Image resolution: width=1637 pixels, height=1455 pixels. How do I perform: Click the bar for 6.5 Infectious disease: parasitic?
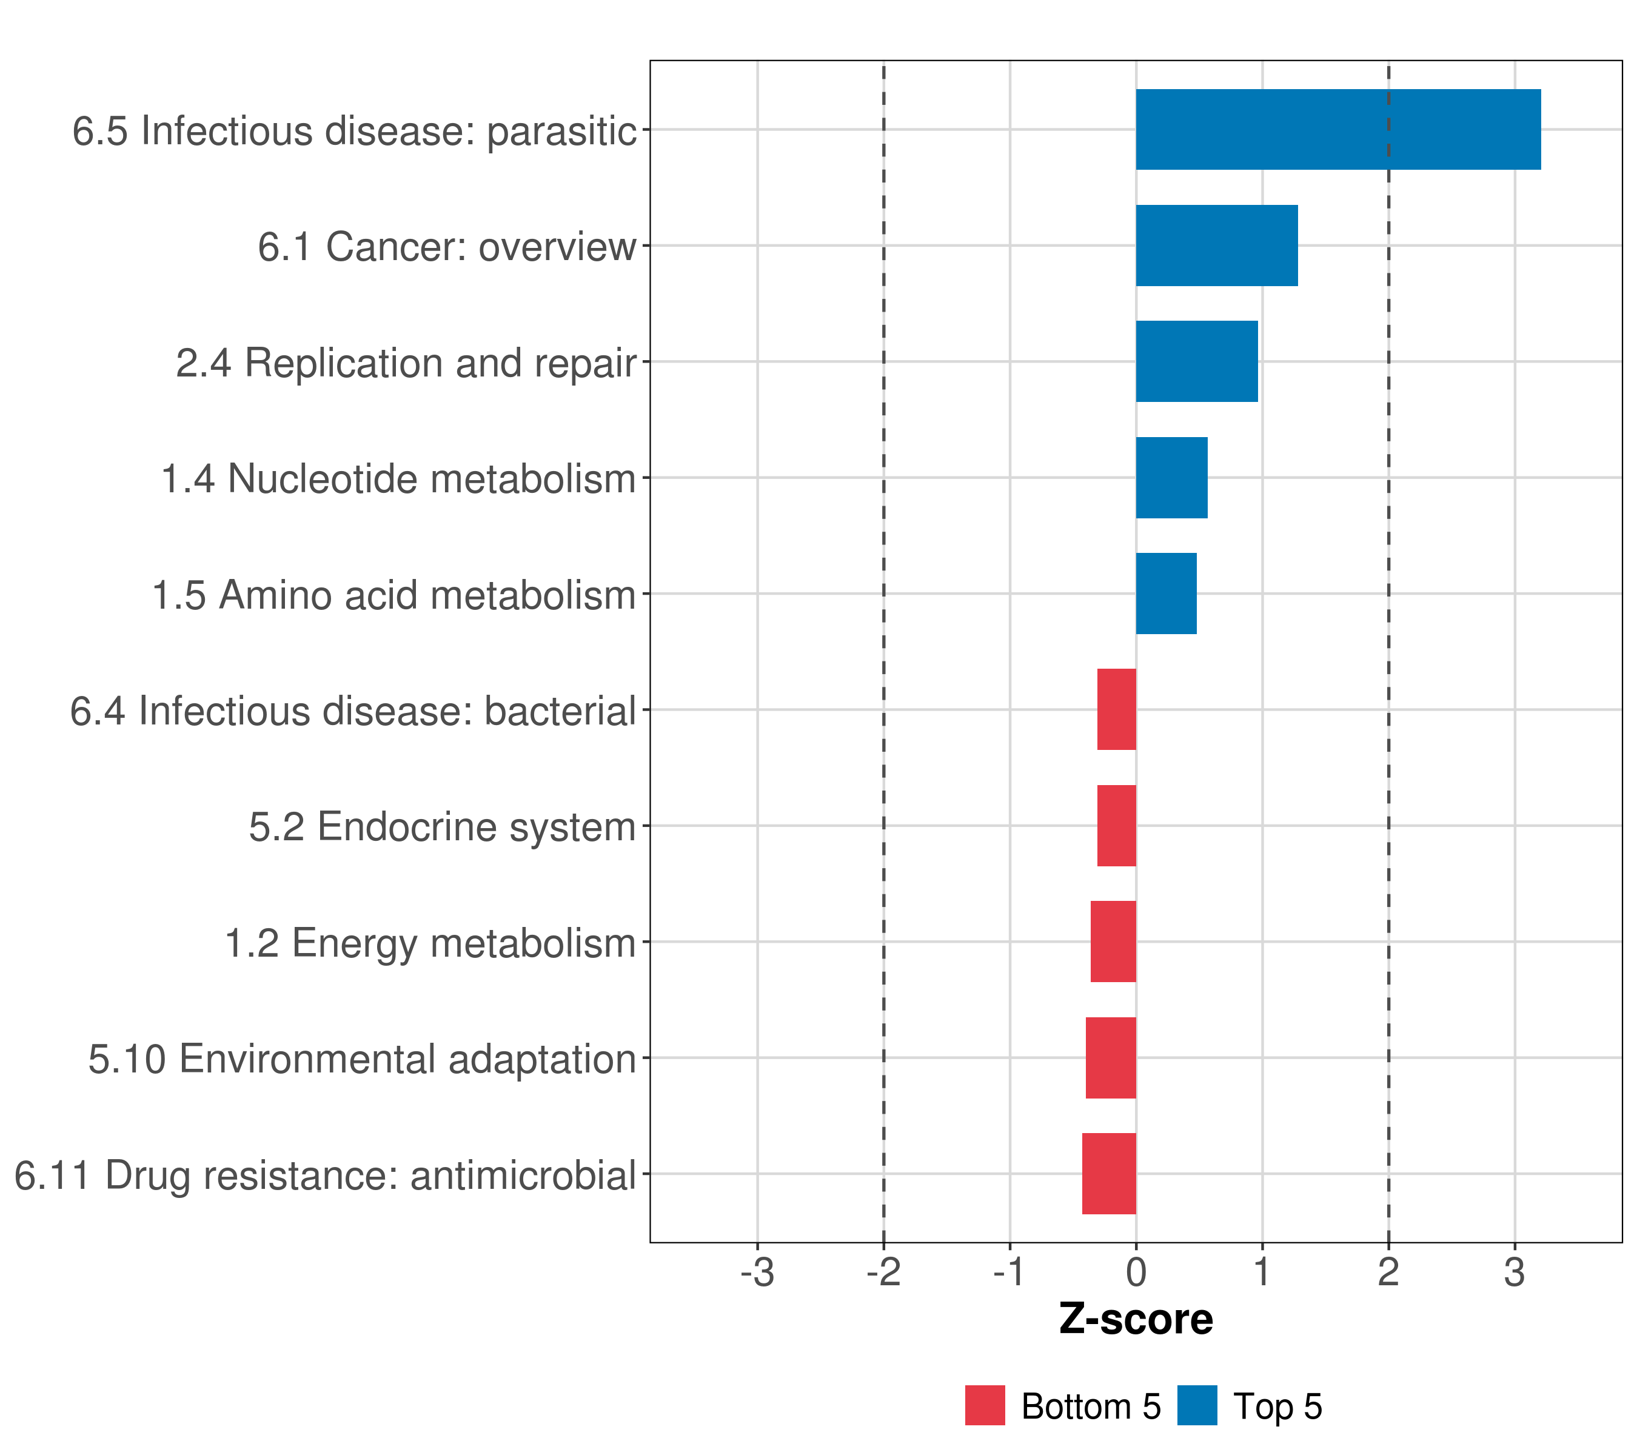point(1337,130)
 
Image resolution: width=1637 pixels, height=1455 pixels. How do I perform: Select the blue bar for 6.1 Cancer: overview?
point(1217,246)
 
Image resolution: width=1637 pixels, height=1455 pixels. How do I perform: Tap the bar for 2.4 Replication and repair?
point(1196,361)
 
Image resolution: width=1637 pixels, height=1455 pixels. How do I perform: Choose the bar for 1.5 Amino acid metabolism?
point(1166,594)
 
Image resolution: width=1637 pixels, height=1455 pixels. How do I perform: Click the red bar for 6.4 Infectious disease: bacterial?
point(1116,709)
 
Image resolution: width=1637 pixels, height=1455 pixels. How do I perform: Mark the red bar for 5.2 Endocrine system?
point(1116,826)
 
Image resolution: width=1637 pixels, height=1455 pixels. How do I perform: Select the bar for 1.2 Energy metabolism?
point(1113,942)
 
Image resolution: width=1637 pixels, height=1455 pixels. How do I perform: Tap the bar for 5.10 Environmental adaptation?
point(1111,1058)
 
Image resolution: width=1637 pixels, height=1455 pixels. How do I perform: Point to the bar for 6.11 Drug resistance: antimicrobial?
point(1110,1174)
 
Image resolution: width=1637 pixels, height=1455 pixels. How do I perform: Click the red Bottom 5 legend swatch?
point(984,1406)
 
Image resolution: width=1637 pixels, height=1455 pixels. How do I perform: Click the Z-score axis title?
point(1136,1319)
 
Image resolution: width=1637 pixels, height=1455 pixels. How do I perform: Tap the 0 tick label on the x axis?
point(1136,1273)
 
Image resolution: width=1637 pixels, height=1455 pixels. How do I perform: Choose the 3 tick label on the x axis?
point(1514,1273)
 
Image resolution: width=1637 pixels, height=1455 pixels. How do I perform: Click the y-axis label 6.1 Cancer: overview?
point(446,247)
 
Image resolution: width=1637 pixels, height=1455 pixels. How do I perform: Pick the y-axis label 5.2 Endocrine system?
point(441,826)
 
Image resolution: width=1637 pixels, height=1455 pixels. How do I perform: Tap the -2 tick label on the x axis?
point(883,1273)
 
